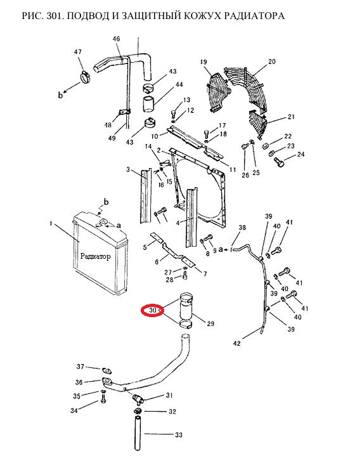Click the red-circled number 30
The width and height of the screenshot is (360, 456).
pos(153,311)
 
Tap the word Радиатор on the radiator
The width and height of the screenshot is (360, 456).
pos(95,256)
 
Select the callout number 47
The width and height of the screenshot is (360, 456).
pos(78,52)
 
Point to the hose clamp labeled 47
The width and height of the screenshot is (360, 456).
pos(85,77)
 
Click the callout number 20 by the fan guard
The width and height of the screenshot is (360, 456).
pos(272,62)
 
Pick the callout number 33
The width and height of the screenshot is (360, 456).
pos(179,435)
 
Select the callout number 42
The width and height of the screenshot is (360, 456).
pos(237,344)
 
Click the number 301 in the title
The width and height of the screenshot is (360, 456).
pos(55,15)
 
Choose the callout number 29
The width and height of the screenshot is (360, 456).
pos(210,323)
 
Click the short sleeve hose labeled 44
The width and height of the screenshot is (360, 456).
pos(149,103)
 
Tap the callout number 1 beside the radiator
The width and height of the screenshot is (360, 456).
pos(51,224)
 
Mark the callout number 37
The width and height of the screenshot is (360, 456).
pos(80,367)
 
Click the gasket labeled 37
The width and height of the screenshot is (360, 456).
pos(106,371)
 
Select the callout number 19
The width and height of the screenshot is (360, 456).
pos(203,62)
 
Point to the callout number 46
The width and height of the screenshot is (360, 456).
pos(116,39)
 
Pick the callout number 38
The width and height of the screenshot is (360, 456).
pos(242,228)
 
